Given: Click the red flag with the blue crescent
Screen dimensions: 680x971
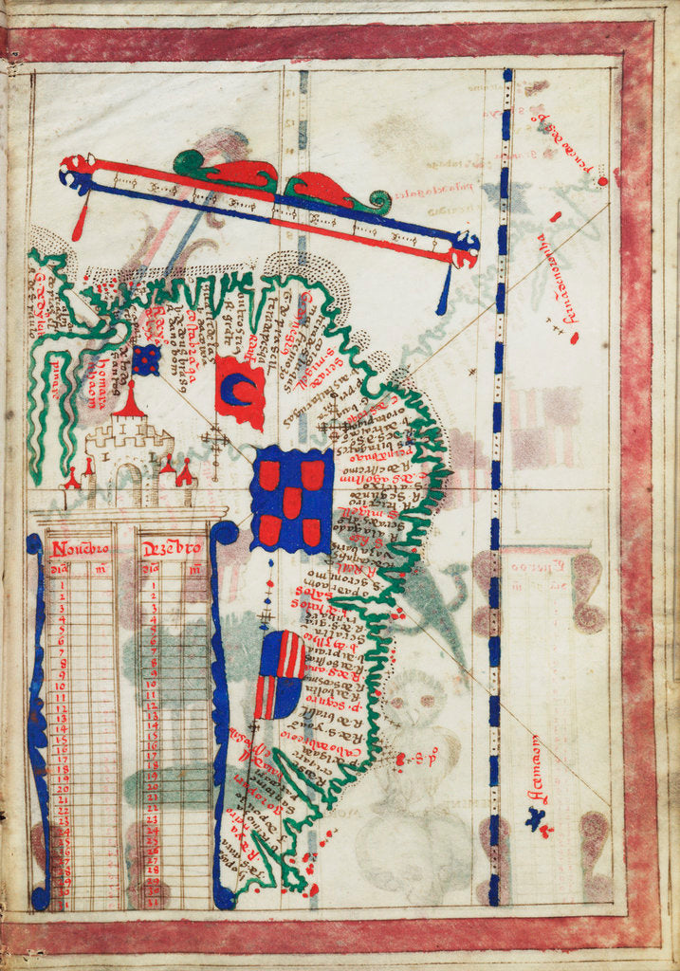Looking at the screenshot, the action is [240, 392].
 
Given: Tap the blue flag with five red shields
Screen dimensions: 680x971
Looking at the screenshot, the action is [291, 500].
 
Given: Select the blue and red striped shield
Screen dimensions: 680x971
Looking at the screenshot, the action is [280, 674].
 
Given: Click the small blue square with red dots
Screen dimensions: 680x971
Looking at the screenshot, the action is [145, 359].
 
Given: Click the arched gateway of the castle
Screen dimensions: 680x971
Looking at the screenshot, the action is [128, 485].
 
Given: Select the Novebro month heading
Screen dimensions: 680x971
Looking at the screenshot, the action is [81, 549].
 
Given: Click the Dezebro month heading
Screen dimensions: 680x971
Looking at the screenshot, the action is [172, 549].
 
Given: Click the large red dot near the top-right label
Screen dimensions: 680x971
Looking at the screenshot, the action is [601, 181].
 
